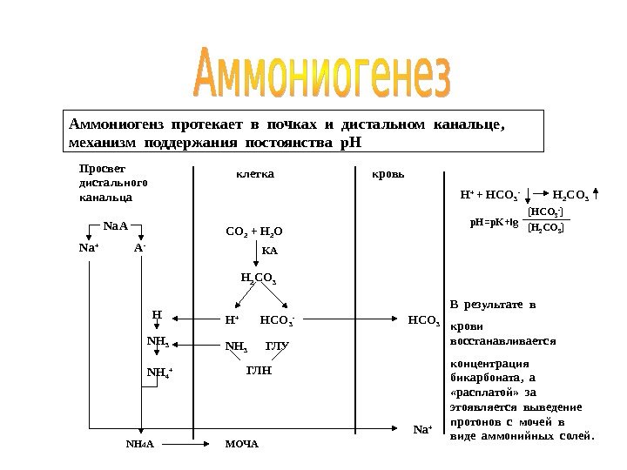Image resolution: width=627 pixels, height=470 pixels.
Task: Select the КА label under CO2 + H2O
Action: (270, 251)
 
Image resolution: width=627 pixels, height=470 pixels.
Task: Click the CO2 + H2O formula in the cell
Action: (255, 232)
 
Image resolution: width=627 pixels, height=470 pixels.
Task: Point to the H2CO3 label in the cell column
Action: (258, 279)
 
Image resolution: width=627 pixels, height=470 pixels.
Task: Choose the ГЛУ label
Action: (277, 346)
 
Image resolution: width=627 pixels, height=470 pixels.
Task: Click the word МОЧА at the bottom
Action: (242, 444)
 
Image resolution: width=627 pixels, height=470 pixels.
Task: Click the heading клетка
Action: (256, 174)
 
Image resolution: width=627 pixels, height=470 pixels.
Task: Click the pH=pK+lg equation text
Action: (495, 223)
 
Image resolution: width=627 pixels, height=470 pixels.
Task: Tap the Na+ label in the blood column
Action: (422, 428)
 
